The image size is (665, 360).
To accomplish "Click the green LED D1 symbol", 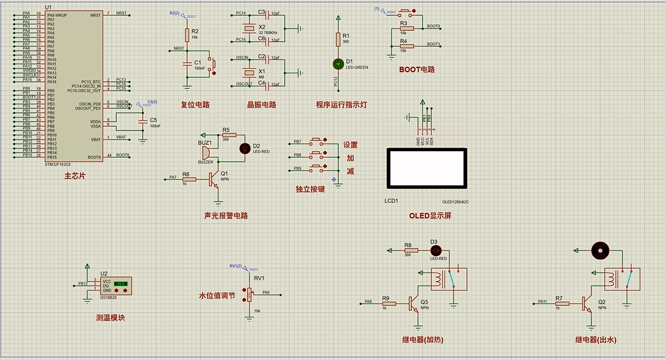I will (338, 63).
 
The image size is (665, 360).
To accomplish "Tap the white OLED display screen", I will (427, 169).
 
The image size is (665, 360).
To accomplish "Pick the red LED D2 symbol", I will (245, 147).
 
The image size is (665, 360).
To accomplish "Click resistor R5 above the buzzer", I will (228, 135).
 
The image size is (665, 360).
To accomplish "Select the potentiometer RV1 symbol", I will (248, 295).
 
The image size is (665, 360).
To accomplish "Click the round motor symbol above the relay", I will (600, 250).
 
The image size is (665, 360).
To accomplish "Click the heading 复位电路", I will (195, 104).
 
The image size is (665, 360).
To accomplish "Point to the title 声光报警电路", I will (226, 216).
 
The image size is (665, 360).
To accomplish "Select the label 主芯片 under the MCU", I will (75, 177).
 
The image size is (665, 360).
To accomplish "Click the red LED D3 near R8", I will (434, 250).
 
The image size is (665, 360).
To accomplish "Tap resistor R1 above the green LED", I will (338, 39).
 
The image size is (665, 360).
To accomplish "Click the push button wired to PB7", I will (316, 142).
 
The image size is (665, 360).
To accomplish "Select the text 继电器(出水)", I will (599, 339).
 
